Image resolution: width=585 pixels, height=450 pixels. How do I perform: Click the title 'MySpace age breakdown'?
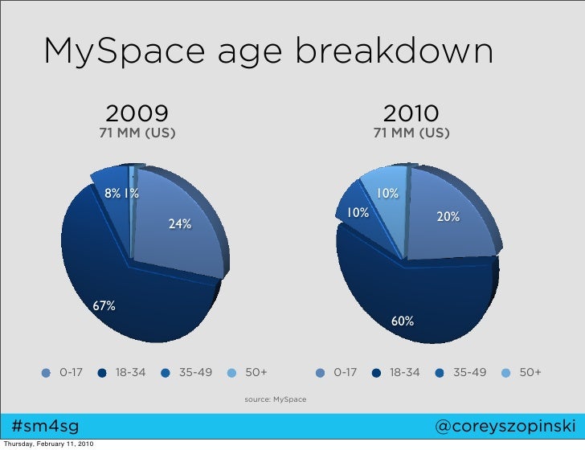click(268, 53)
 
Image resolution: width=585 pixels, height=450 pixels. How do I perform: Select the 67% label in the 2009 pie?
click(104, 306)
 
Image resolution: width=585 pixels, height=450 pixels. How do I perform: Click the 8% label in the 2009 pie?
click(112, 193)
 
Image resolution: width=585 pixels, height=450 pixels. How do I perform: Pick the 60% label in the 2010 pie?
click(403, 321)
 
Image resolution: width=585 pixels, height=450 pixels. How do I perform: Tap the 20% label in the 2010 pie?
click(448, 217)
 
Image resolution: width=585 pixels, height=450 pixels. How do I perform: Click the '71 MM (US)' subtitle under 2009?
click(137, 132)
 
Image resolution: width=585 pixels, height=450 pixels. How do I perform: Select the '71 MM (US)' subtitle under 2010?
click(411, 132)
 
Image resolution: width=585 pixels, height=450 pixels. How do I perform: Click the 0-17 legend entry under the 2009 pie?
click(63, 373)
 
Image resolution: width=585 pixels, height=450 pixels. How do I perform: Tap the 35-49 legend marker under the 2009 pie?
click(166, 373)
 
